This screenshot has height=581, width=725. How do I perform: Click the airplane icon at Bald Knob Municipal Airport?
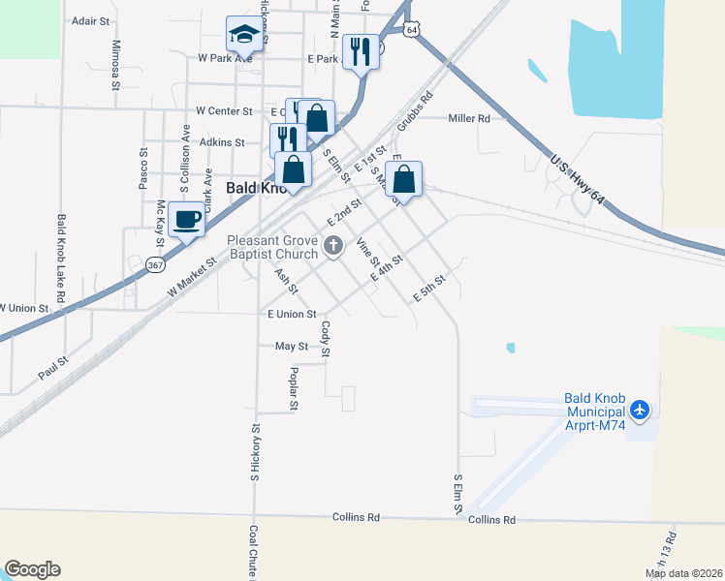(639, 410)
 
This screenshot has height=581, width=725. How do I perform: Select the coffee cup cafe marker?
(187, 219)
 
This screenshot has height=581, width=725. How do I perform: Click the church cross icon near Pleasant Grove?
(333, 246)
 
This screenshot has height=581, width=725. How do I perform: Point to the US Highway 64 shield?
(413, 30)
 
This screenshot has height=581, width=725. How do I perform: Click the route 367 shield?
(154, 263)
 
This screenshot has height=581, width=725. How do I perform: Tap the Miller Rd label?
(469, 118)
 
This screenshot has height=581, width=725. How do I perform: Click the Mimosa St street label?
(116, 65)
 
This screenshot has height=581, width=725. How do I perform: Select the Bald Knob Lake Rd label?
(61, 259)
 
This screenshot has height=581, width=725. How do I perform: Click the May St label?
(291, 346)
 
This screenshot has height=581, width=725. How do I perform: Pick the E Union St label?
(292, 314)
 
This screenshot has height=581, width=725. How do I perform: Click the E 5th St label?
(428, 287)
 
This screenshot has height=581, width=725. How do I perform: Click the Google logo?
(32, 569)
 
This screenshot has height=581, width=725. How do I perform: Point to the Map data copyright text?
(682, 573)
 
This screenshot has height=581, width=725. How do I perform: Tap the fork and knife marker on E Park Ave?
(361, 53)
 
